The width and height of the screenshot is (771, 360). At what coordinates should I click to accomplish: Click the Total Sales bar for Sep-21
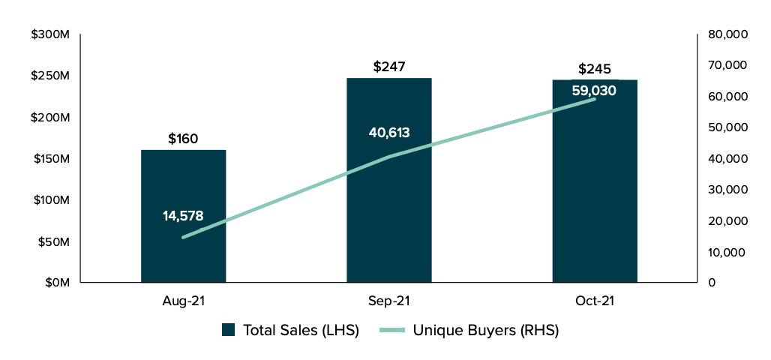coord(388,217)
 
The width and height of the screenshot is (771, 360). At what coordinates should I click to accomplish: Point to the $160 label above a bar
coord(183,139)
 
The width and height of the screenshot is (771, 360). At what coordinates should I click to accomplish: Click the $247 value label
coord(388,67)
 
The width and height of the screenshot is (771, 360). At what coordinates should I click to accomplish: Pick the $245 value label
coord(595,69)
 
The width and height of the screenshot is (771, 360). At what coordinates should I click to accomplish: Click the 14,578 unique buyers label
coord(183,216)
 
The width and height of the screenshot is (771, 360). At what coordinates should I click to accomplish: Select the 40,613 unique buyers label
coord(389,133)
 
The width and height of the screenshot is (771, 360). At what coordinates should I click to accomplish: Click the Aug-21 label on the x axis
coord(183,301)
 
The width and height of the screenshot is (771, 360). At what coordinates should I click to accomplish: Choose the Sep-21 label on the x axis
coord(388,301)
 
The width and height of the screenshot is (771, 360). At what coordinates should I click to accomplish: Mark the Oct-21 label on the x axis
coord(595,301)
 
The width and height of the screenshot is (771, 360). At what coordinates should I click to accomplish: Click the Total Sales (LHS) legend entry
coord(290,331)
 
